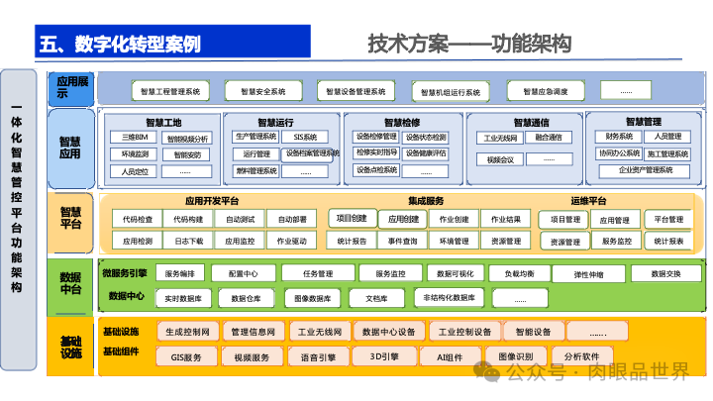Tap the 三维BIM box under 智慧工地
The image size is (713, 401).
coord(136,138)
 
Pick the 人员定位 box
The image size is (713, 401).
coord(136,171)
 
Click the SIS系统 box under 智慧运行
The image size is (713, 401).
coord(304,137)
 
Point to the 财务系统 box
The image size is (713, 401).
coord(620,137)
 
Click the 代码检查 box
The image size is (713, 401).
coord(138,219)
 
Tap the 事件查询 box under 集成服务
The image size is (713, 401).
coord(403,241)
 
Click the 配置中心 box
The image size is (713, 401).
coord(244,273)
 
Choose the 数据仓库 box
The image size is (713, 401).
coord(247,298)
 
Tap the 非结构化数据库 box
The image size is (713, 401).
coord(450,297)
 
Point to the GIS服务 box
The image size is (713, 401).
coord(186,356)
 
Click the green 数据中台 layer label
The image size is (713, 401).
coord(70,284)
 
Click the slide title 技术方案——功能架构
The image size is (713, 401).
coord(470,44)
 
